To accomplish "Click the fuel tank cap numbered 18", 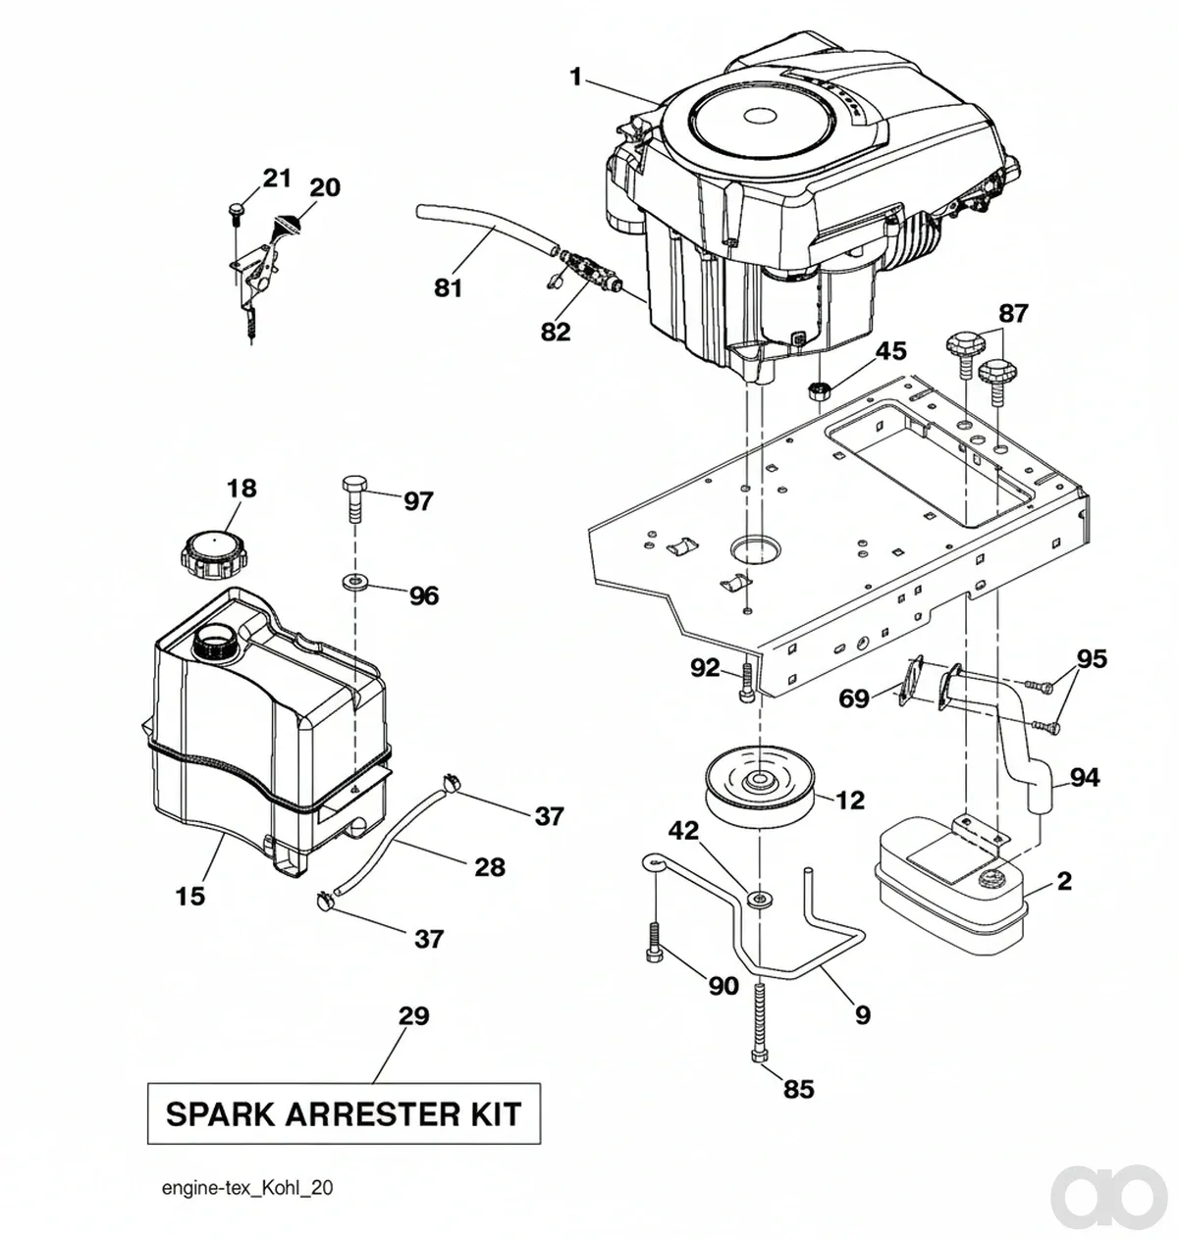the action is tap(211, 554).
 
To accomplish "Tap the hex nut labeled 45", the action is tap(818, 390).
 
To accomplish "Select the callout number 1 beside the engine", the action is tap(575, 77).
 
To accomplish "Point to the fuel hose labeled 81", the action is tap(488, 230).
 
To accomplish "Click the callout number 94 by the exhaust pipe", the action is tap(1085, 778).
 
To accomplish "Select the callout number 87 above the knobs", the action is tap(1013, 314).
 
